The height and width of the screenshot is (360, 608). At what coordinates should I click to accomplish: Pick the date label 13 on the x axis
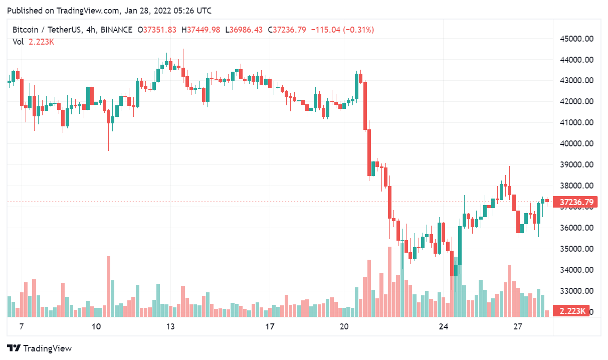pyautogui.click(x=170, y=327)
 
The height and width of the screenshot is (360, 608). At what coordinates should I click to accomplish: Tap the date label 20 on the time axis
pyautogui.click(x=344, y=327)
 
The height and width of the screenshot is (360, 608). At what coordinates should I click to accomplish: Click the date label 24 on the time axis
pyautogui.click(x=443, y=327)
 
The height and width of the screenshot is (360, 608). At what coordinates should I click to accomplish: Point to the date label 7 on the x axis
pyautogui.click(x=21, y=327)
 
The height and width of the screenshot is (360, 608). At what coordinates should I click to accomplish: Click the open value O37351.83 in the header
pyautogui.click(x=157, y=30)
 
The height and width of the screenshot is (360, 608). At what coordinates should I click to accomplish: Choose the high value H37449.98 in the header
pyautogui.click(x=200, y=30)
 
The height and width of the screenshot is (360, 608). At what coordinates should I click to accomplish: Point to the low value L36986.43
pyautogui.click(x=244, y=30)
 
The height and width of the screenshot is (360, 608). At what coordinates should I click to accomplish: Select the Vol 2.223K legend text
pyautogui.click(x=33, y=42)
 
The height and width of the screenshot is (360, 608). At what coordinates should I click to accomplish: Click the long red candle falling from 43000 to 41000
pyautogui.click(x=365, y=105)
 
